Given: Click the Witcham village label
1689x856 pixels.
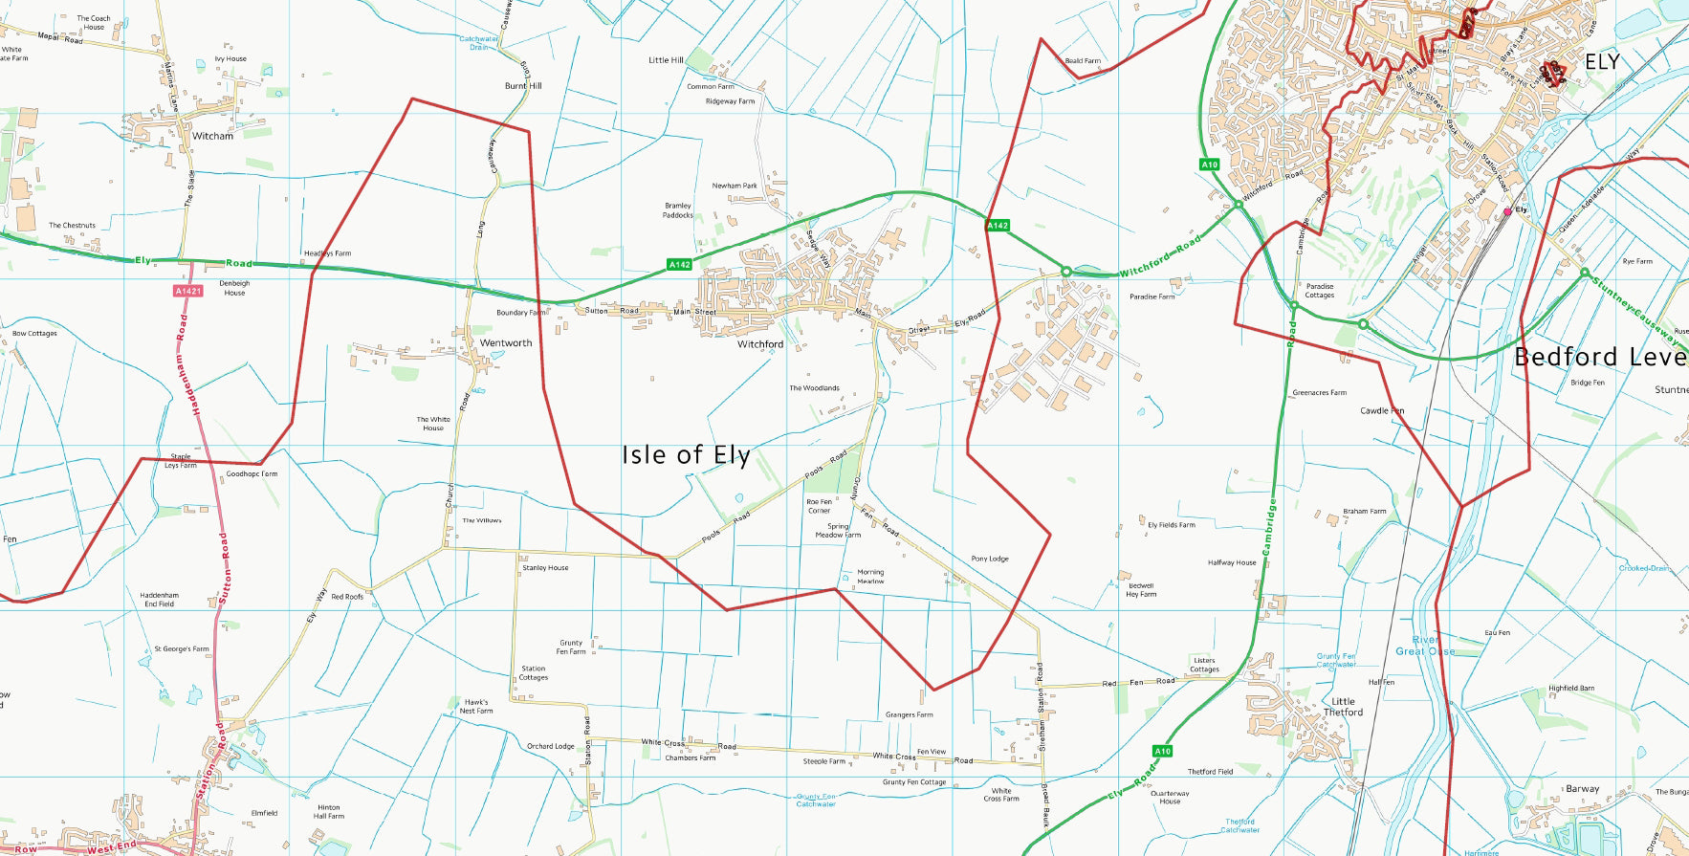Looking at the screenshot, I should tap(212, 136).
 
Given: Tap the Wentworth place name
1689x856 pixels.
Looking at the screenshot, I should tap(506, 342).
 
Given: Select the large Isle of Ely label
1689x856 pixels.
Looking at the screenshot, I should tap(686, 455).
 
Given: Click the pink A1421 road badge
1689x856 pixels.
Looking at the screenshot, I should tap(188, 291).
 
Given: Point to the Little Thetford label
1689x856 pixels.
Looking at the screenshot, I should tap(1343, 707).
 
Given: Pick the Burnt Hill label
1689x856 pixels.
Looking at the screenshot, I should tap(523, 86).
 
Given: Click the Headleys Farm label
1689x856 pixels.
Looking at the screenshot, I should tap(327, 253).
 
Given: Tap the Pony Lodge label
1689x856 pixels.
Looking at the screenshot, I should tap(990, 559).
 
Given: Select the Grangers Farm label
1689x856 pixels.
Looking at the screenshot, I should tap(909, 714).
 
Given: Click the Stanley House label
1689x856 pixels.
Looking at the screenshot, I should tap(545, 568).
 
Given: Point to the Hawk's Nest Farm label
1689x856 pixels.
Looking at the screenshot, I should tap(476, 707).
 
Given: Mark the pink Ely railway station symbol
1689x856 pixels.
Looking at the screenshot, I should tap(1507, 211).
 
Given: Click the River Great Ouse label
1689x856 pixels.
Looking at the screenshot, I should tap(1425, 646).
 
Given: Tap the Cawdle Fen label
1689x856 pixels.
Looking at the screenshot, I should tap(1382, 411).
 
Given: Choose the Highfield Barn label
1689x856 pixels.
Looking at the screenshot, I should tap(1571, 689).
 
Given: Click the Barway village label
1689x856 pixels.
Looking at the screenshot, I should tap(1582, 789).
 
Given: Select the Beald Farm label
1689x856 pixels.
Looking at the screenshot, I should tap(1083, 61).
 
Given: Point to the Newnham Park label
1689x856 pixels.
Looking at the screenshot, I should tap(735, 187).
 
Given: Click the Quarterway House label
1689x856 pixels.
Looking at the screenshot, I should tap(1170, 798).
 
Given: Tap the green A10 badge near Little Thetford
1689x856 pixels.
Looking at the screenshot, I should tap(1162, 751).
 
